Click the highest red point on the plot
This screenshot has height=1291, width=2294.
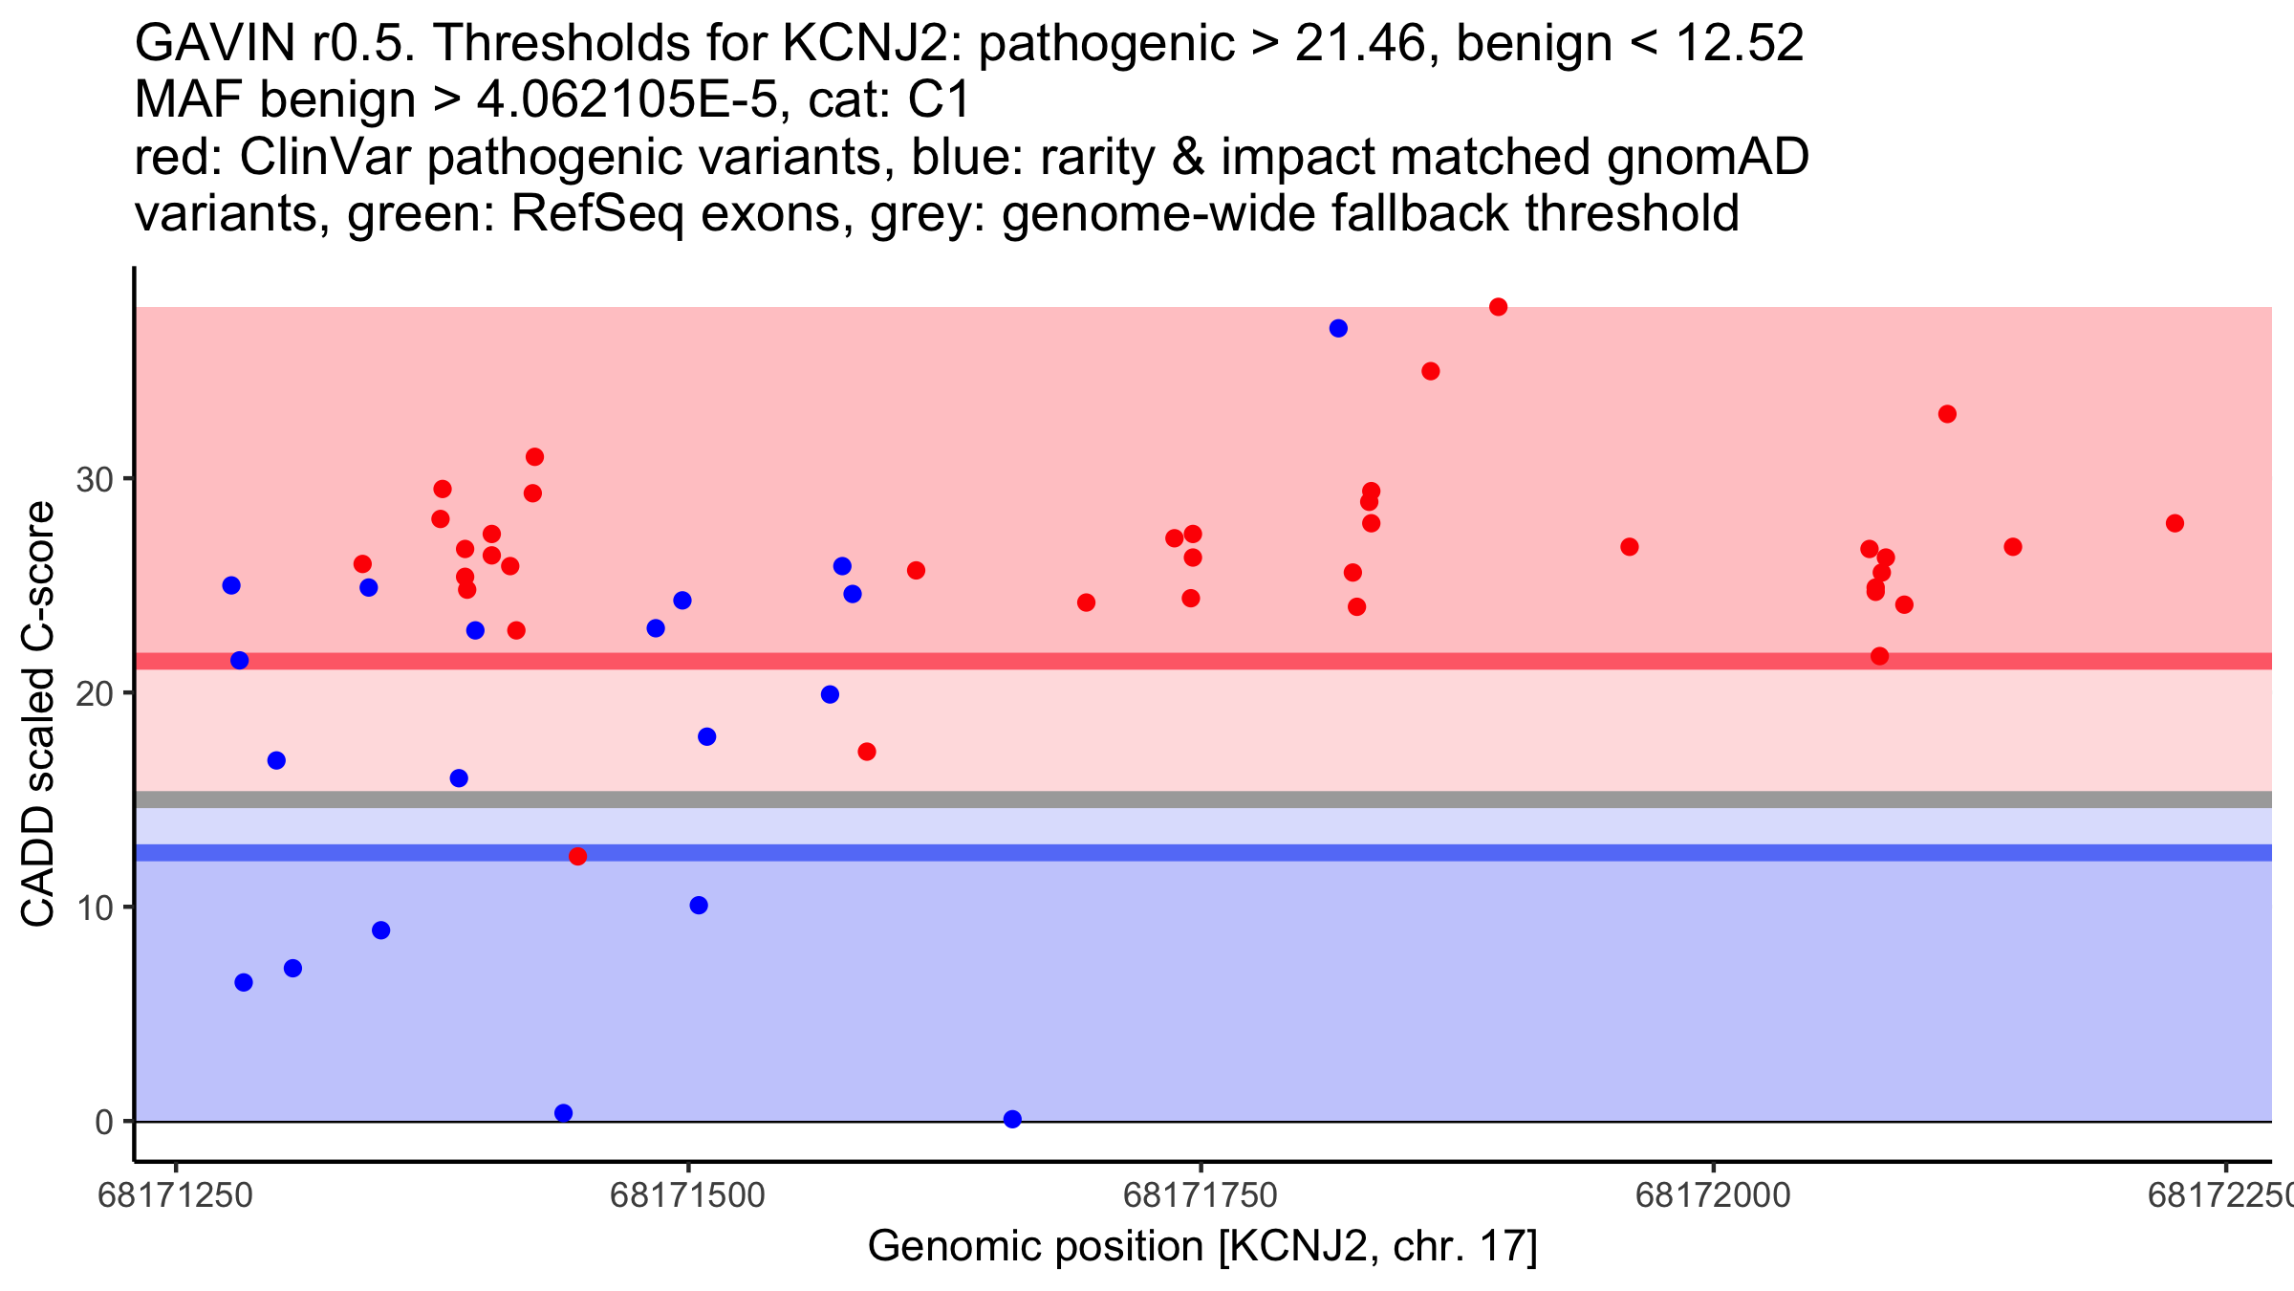point(1498,307)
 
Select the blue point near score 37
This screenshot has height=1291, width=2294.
point(1338,329)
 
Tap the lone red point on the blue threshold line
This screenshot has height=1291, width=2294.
point(577,856)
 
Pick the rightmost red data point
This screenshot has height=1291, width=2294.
point(2175,523)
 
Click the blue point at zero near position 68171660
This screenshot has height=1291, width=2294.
point(1012,1119)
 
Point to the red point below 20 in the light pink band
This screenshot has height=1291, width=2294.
point(867,752)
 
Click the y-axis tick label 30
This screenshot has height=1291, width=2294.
point(95,480)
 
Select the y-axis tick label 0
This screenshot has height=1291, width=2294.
point(104,1123)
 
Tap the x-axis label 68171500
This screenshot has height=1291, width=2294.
point(687,1195)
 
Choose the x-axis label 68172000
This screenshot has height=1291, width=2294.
point(1713,1195)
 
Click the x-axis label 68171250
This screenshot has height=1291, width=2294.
point(176,1195)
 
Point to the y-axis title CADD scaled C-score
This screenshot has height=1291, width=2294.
point(38,715)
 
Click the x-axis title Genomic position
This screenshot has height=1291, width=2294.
point(1201,1247)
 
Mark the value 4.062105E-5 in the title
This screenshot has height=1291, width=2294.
point(627,100)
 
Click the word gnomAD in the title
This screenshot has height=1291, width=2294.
point(1707,158)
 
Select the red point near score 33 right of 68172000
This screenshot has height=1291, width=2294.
point(1947,414)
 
